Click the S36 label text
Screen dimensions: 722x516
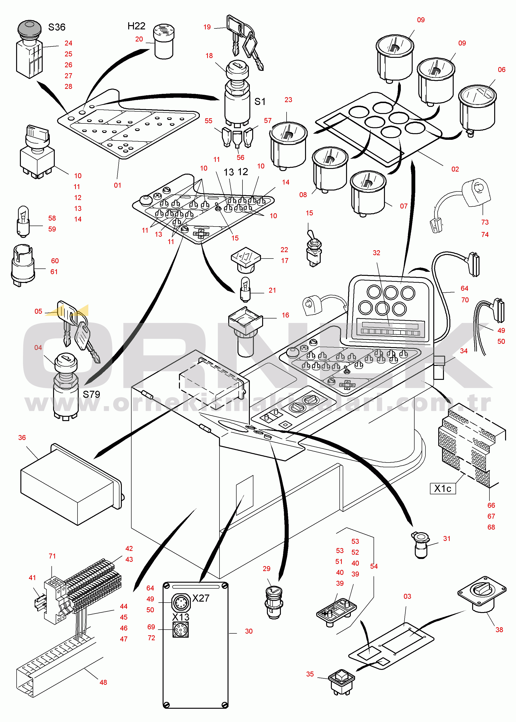[57, 27]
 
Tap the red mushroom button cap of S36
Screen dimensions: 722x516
[29, 28]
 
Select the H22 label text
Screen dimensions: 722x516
[136, 26]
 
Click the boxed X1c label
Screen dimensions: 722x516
[443, 489]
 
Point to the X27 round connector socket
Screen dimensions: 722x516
[181, 602]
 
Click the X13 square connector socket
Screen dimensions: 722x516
[180, 630]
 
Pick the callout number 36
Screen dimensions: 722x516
[22, 438]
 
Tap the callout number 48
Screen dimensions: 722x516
[103, 682]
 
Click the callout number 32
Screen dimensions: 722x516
[377, 253]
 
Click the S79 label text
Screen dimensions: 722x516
[91, 395]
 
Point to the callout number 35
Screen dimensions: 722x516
[310, 674]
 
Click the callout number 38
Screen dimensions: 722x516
[499, 630]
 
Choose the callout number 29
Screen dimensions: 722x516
[267, 569]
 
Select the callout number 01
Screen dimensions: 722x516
[118, 185]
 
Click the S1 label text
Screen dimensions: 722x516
[260, 102]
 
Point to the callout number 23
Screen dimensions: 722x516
[288, 100]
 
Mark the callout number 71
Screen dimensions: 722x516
[52, 556]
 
